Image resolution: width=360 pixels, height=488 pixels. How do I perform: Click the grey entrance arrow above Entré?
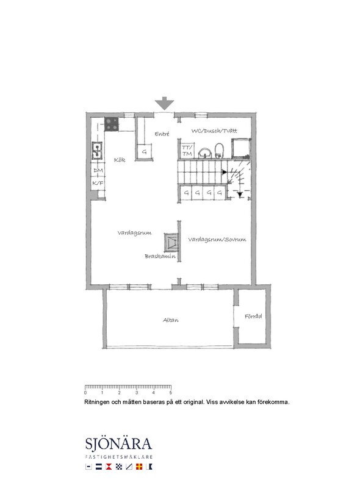click(164, 103)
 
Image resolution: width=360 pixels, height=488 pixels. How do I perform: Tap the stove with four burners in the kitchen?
click(112, 124)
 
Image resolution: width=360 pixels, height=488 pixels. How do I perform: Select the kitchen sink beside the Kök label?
click(97, 151)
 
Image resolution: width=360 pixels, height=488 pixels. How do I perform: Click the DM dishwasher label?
click(98, 170)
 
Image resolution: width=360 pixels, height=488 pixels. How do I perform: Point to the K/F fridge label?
click(98, 184)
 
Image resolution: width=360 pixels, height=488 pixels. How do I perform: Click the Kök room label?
click(120, 160)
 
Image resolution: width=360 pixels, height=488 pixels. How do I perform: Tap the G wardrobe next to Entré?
click(144, 152)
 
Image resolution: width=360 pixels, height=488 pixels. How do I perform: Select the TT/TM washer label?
click(187, 151)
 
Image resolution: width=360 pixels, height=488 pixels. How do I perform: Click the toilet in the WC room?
click(219, 151)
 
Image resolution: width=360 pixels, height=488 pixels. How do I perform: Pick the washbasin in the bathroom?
click(205, 153)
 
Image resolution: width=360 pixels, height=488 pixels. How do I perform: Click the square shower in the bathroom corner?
click(241, 148)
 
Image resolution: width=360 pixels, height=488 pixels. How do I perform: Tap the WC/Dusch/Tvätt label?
click(214, 131)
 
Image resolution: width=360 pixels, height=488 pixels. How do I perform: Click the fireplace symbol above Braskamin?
click(171, 242)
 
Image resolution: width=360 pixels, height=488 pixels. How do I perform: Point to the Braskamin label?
click(160, 256)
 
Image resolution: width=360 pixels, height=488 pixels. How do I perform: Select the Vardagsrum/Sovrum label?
click(217, 240)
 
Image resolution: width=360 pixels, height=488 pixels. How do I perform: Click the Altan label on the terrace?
click(171, 320)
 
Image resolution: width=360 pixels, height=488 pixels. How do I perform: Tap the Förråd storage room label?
click(253, 316)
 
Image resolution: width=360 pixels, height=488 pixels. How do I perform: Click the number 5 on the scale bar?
click(171, 393)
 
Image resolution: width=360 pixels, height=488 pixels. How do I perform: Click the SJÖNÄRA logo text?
click(118, 444)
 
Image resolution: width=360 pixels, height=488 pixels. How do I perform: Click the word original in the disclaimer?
click(192, 402)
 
